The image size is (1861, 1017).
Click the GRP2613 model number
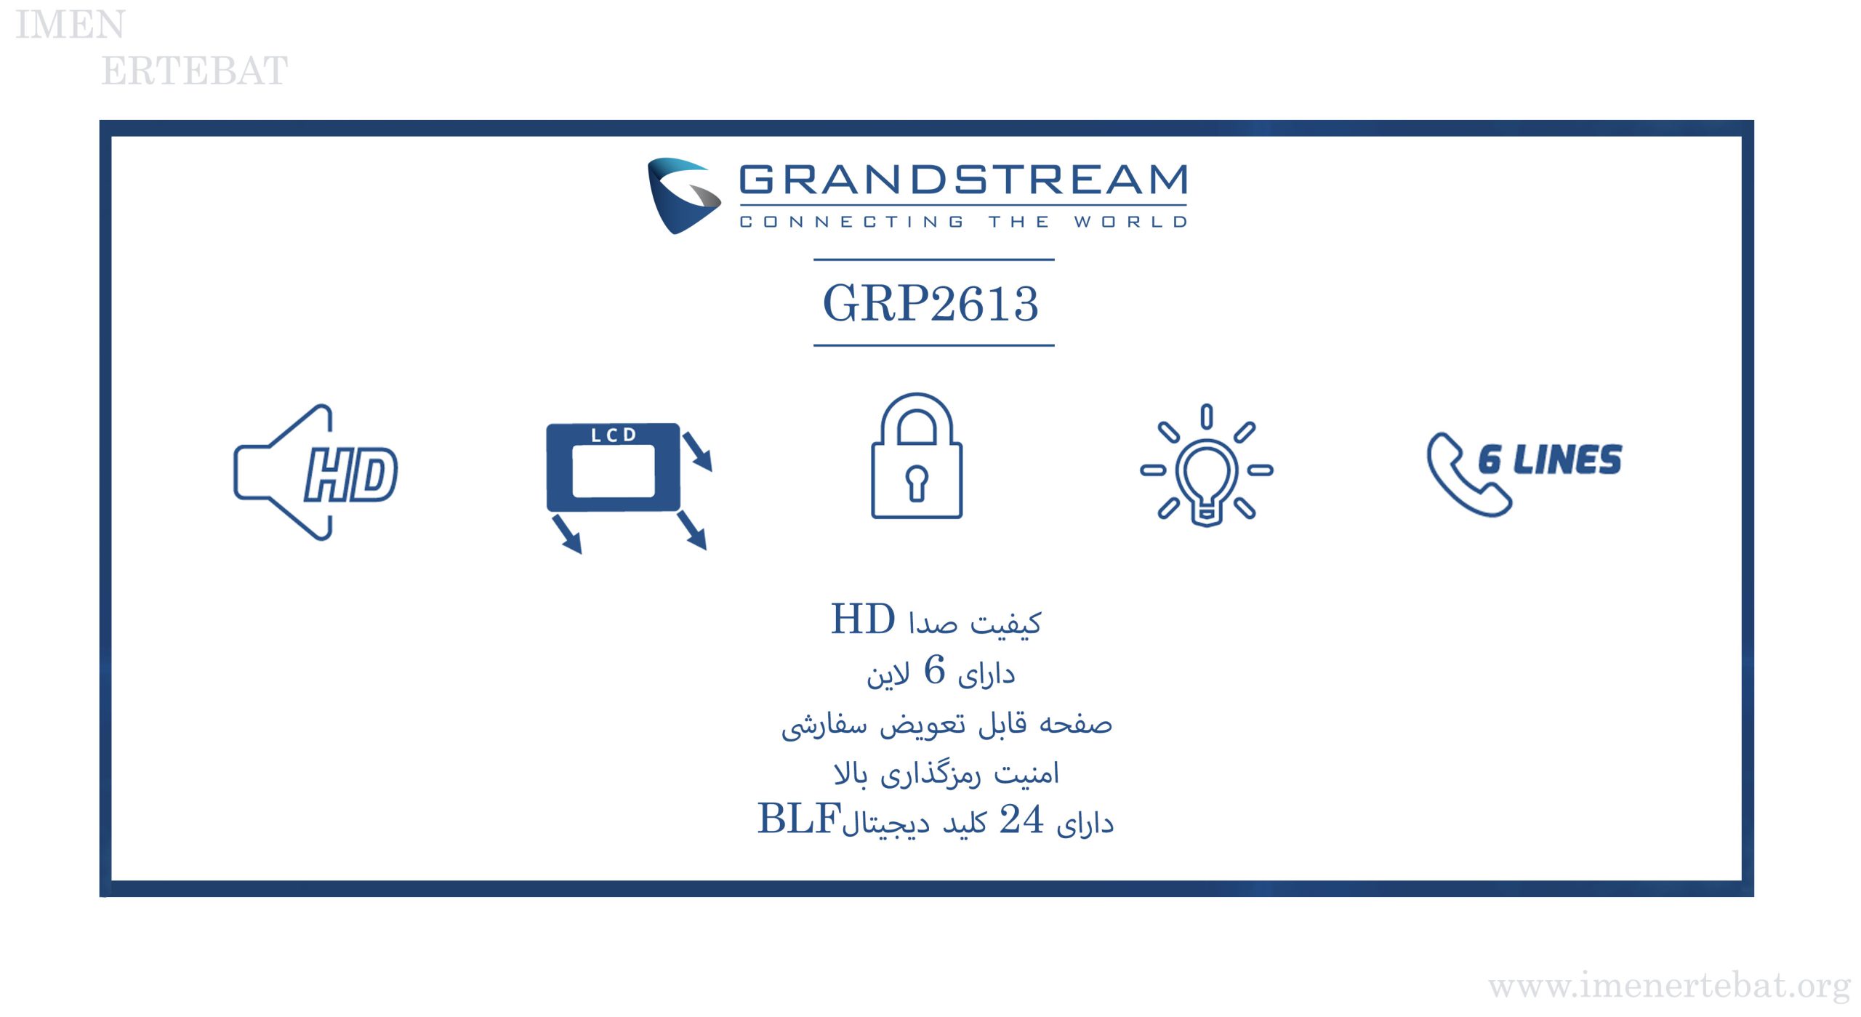[930, 303]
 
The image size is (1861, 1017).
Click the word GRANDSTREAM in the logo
[963, 180]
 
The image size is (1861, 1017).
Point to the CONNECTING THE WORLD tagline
[963, 221]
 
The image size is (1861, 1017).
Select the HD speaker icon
[315, 473]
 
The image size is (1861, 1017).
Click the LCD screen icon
[629, 487]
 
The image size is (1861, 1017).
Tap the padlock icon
[917, 456]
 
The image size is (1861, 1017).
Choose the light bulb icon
[1206, 465]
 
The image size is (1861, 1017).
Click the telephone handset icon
[1468, 474]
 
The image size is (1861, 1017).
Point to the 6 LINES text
[1550, 459]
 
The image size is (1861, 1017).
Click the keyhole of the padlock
[917, 483]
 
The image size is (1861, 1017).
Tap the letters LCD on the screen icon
[614, 435]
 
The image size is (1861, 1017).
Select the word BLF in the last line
[799, 819]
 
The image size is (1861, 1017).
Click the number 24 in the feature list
[1021, 819]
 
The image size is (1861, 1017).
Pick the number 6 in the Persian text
[934, 670]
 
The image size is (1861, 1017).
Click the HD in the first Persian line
[863, 619]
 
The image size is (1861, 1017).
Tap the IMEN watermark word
[71, 25]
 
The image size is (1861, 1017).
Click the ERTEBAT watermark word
[195, 71]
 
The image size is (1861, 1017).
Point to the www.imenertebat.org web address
[1669, 986]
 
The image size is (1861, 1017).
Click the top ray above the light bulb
[1207, 417]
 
